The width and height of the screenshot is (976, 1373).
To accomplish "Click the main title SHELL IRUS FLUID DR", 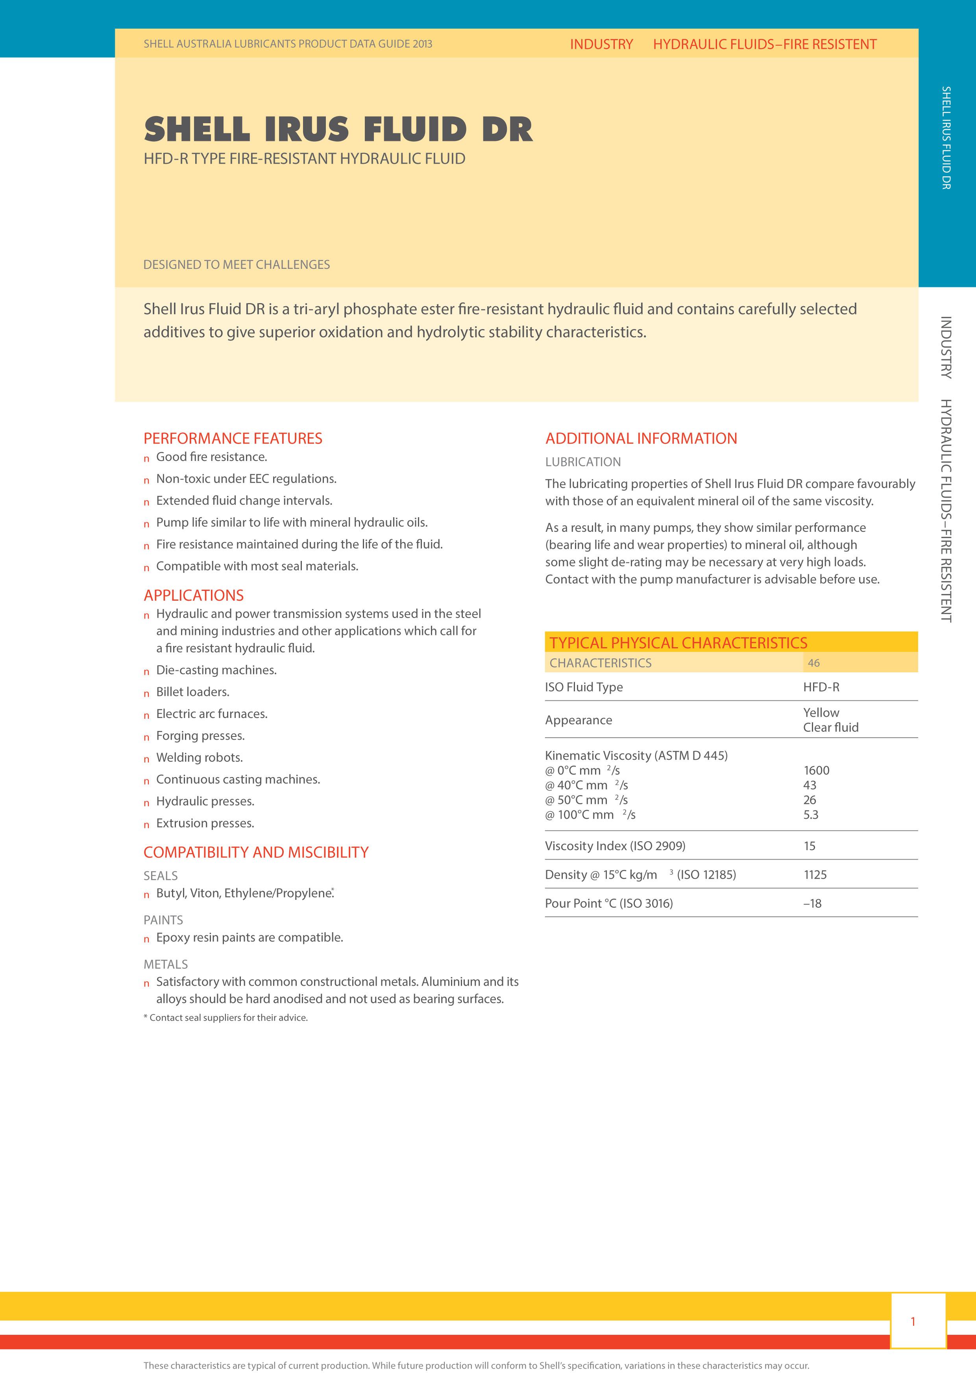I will coord(338,129).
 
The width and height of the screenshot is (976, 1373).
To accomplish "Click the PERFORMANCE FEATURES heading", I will coord(233,438).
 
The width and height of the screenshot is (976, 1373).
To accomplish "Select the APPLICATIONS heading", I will coord(194,595).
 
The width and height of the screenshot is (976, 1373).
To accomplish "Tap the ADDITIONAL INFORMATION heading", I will coord(641,438).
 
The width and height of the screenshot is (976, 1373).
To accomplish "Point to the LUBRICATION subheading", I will coord(582,462).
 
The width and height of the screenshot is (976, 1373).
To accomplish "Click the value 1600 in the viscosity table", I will coord(816,770).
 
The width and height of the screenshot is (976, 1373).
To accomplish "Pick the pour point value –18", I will coord(812,903).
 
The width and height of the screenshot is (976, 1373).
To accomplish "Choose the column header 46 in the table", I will coord(813,662).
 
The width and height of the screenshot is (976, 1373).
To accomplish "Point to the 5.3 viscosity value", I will coord(811,814).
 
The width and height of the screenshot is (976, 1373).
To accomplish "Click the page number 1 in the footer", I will coord(912,1321).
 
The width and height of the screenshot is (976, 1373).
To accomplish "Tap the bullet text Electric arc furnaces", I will coord(212,714).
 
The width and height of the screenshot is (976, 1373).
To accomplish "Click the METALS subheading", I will coord(165,964).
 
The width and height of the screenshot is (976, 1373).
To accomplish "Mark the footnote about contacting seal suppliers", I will coord(226,1017).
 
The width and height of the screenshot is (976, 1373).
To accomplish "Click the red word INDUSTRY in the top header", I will coord(601,44).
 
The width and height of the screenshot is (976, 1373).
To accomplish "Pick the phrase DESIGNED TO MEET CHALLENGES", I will coord(236,265).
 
